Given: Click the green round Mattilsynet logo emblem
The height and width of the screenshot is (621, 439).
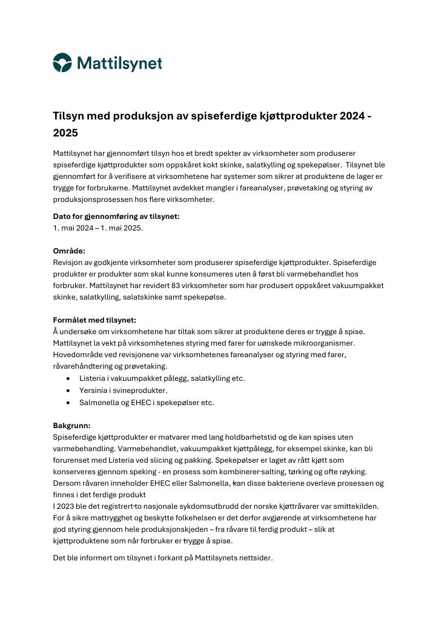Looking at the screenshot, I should [x=62, y=62].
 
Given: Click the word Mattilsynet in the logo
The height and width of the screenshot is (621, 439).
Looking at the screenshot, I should [x=119, y=63].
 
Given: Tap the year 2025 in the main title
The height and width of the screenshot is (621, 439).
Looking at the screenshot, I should [x=65, y=132].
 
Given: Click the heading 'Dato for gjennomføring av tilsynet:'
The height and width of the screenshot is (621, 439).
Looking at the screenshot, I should [x=116, y=217].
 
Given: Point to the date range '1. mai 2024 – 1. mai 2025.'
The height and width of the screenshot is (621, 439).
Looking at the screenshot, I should [x=98, y=228].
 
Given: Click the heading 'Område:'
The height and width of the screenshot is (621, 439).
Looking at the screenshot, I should [x=69, y=250].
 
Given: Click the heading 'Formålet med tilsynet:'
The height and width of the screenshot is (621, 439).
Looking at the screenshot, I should [x=94, y=320].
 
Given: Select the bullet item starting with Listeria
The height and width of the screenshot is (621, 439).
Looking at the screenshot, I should [x=162, y=378].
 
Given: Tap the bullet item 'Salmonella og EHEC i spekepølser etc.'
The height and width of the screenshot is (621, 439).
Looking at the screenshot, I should [x=147, y=402].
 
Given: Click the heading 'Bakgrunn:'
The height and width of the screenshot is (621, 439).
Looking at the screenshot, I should [x=71, y=425].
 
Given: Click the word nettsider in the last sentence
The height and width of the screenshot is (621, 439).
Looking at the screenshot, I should [x=255, y=558].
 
